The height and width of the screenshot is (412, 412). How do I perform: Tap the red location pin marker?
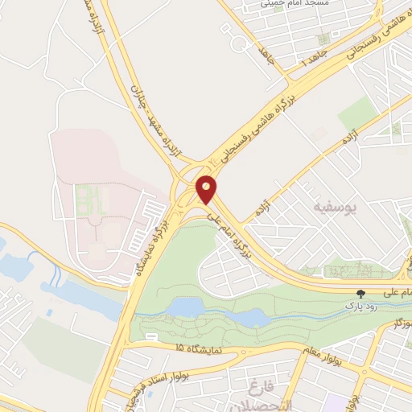207,189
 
